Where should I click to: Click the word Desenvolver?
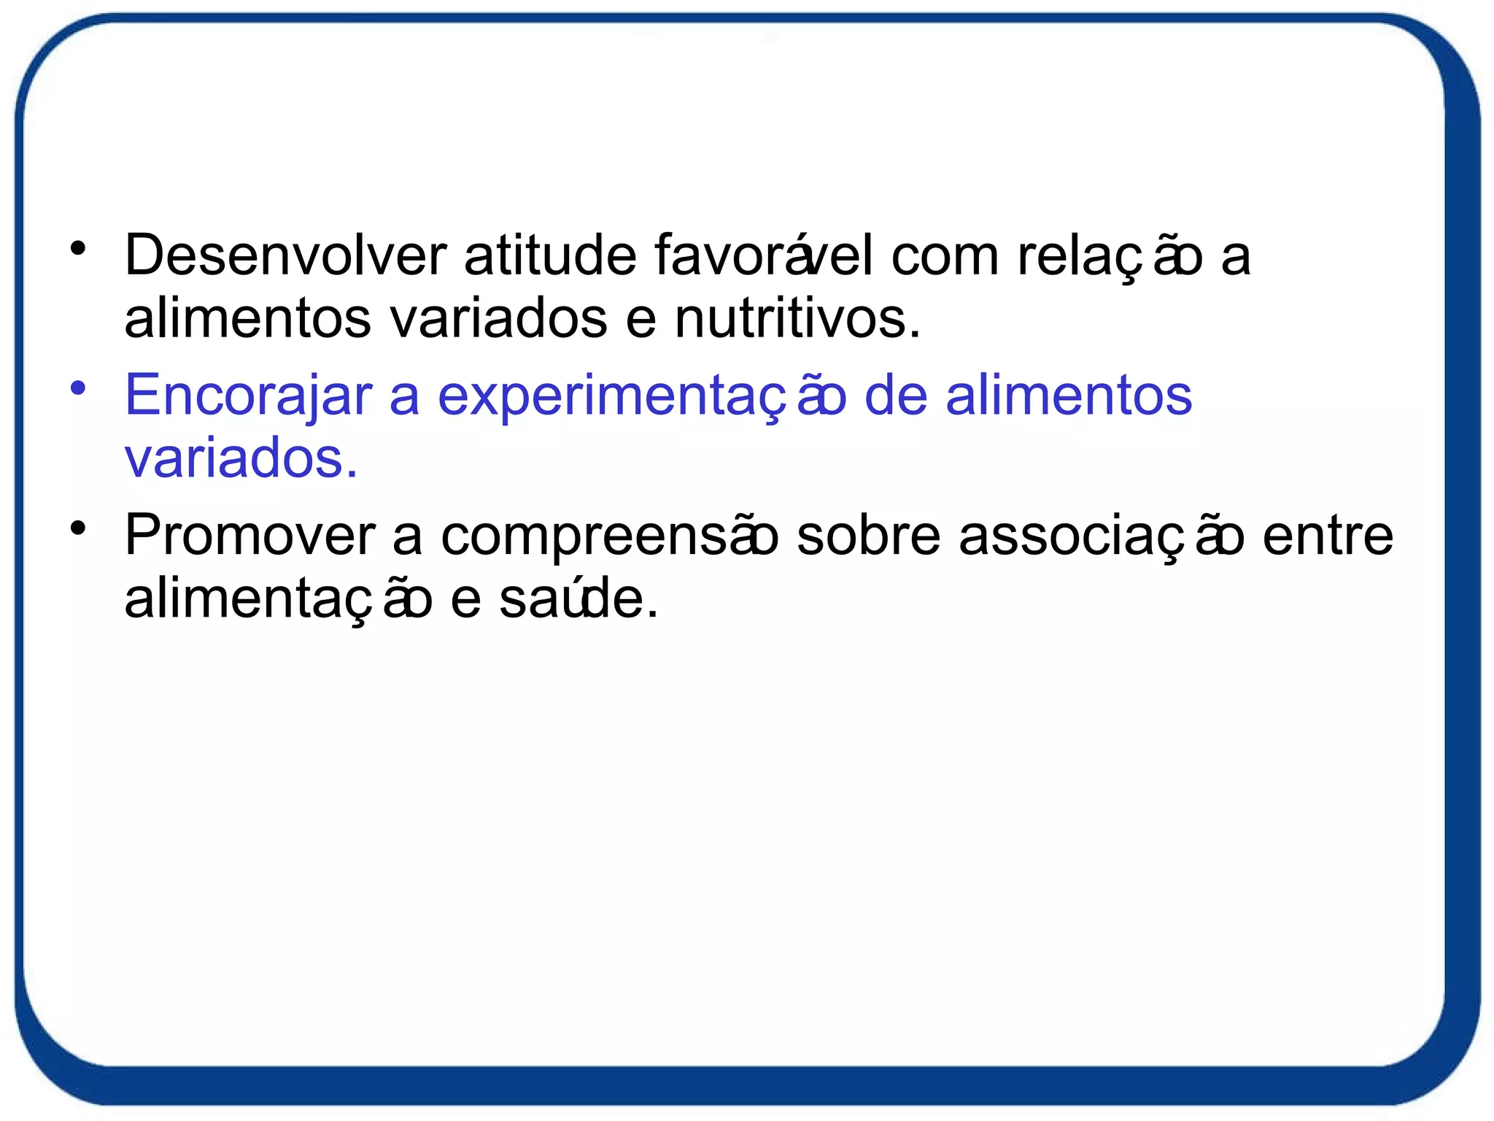[x=285, y=256]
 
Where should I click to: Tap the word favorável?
[x=763, y=256]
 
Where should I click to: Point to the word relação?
[x=1110, y=256]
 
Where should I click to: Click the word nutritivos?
[x=797, y=320]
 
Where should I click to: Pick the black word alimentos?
[x=247, y=320]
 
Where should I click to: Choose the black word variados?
[x=498, y=320]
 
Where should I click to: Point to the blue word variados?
[x=241, y=459]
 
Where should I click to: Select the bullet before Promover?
[x=78, y=528]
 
